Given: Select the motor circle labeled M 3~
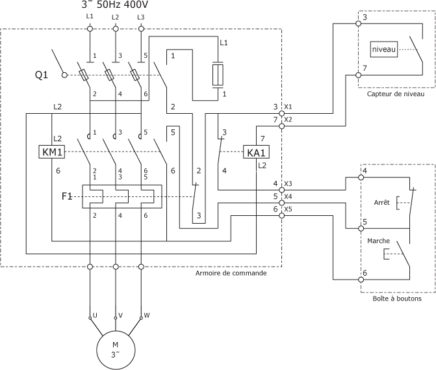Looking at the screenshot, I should [x=116, y=349].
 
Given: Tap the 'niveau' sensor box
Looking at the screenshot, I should [x=383, y=49].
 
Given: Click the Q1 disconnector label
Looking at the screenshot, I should [x=42, y=75].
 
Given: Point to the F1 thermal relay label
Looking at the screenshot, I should [x=67, y=196].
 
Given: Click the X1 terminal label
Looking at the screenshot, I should [x=289, y=106].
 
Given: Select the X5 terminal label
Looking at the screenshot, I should [x=289, y=209].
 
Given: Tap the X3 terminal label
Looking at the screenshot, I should [x=289, y=184].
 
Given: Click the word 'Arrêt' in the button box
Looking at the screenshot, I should [x=382, y=203].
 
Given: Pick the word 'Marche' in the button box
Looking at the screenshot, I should [x=378, y=241].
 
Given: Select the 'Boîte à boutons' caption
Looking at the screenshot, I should [x=396, y=300].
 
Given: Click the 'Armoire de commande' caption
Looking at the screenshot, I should [x=231, y=273].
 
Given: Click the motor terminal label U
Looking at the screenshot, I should [x=96, y=315].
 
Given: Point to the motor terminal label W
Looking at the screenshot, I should [x=146, y=315].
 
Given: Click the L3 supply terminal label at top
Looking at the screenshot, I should [x=141, y=16].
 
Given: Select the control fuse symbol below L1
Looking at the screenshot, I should [x=219, y=75].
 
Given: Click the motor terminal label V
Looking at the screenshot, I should [x=121, y=315].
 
